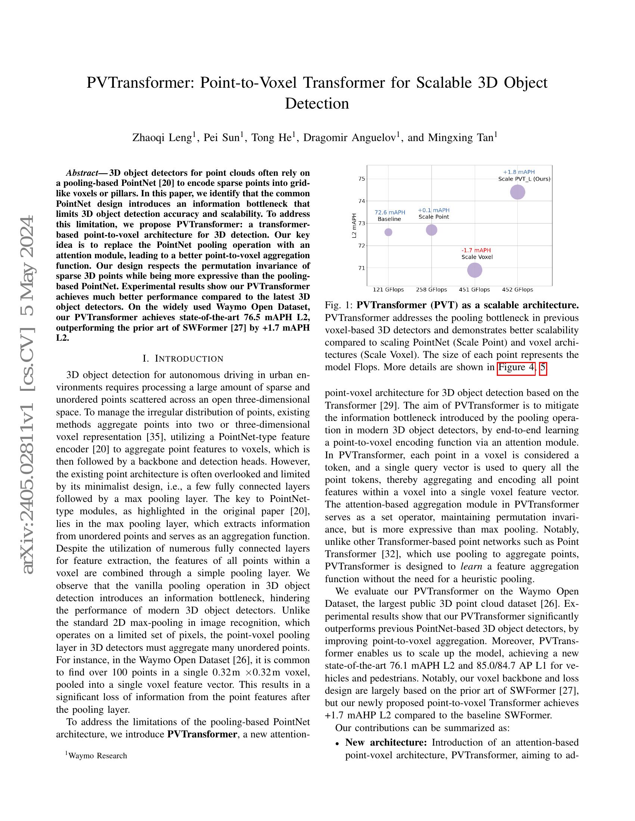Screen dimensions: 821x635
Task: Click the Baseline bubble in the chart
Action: tap(388, 232)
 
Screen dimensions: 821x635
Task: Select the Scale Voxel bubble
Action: tap(474, 270)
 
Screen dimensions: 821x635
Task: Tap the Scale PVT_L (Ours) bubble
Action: tap(517, 192)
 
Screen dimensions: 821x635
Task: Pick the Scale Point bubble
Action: tap(431, 230)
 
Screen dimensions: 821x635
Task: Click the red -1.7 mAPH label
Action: tap(476, 250)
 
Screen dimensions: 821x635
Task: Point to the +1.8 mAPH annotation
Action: tap(519, 172)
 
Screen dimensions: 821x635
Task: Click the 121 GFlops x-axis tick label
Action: tap(388, 290)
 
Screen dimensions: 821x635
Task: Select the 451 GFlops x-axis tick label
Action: tap(474, 290)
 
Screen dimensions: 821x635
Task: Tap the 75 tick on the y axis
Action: tap(362, 178)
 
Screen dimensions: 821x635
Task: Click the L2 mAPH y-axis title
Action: tap(354, 225)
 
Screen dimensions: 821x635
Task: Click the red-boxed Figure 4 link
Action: tap(516, 367)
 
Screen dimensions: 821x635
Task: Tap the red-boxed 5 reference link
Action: tap(542, 367)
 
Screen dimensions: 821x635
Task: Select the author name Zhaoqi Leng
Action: tap(162, 138)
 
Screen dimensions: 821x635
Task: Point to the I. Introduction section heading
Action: tap(183, 359)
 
